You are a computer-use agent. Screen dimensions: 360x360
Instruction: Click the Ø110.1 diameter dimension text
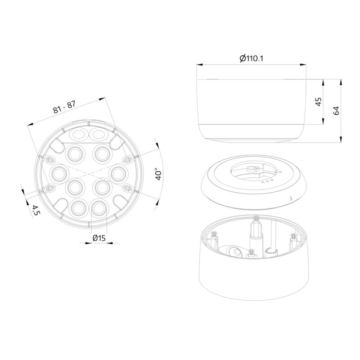click(x=251, y=58)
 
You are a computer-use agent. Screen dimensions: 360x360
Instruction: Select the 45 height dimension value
click(x=319, y=102)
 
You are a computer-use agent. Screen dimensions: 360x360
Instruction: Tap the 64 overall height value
click(x=336, y=111)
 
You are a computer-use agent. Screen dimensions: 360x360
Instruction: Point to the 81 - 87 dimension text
click(x=64, y=107)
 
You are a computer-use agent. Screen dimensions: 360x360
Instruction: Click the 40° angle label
click(x=159, y=174)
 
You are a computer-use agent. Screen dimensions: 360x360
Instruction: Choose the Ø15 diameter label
click(x=99, y=238)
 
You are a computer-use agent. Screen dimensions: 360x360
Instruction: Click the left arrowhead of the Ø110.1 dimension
click(x=200, y=65)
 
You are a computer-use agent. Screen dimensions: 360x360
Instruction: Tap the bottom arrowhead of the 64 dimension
click(x=341, y=139)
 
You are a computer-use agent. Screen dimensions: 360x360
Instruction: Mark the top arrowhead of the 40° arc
click(x=157, y=145)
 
